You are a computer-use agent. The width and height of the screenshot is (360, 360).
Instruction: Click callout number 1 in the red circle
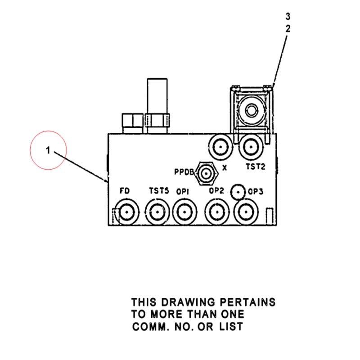click(x=48, y=150)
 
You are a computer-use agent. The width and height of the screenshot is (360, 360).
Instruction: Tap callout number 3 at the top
click(x=288, y=17)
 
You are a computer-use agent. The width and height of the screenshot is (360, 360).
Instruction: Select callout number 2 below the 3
click(x=288, y=29)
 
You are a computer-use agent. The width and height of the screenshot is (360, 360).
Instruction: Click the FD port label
click(x=125, y=190)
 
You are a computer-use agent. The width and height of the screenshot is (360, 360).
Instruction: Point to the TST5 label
click(x=159, y=190)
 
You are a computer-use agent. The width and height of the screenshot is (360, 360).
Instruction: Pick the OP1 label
click(x=183, y=192)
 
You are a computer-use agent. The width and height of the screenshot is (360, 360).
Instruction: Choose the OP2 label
click(x=216, y=190)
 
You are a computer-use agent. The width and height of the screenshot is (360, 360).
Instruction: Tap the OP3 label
click(x=256, y=192)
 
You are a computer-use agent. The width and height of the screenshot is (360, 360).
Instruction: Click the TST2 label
click(x=255, y=166)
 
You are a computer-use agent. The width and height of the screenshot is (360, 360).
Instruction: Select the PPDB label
click(x=184, y=172)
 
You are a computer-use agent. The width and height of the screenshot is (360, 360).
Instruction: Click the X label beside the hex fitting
click(x=225, y=168)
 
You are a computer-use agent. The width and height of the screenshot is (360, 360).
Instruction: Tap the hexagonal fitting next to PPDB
click(x=206, y=174)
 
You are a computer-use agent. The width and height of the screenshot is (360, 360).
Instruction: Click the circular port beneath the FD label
click(x=127, y=212)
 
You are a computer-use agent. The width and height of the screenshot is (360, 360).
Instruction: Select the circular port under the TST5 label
click(x=157, y=212)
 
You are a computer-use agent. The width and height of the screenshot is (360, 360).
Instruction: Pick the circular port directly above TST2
click(x=251, y=147)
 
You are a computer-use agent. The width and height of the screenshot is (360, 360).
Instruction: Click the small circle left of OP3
click(x=238, y=192)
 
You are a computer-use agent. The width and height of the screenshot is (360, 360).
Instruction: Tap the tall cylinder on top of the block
click(x=157, y=96)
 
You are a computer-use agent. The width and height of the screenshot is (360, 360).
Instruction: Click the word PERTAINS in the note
click(x=248, y=302)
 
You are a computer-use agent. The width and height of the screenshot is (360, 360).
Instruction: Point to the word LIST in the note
click(x=231, y=327)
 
